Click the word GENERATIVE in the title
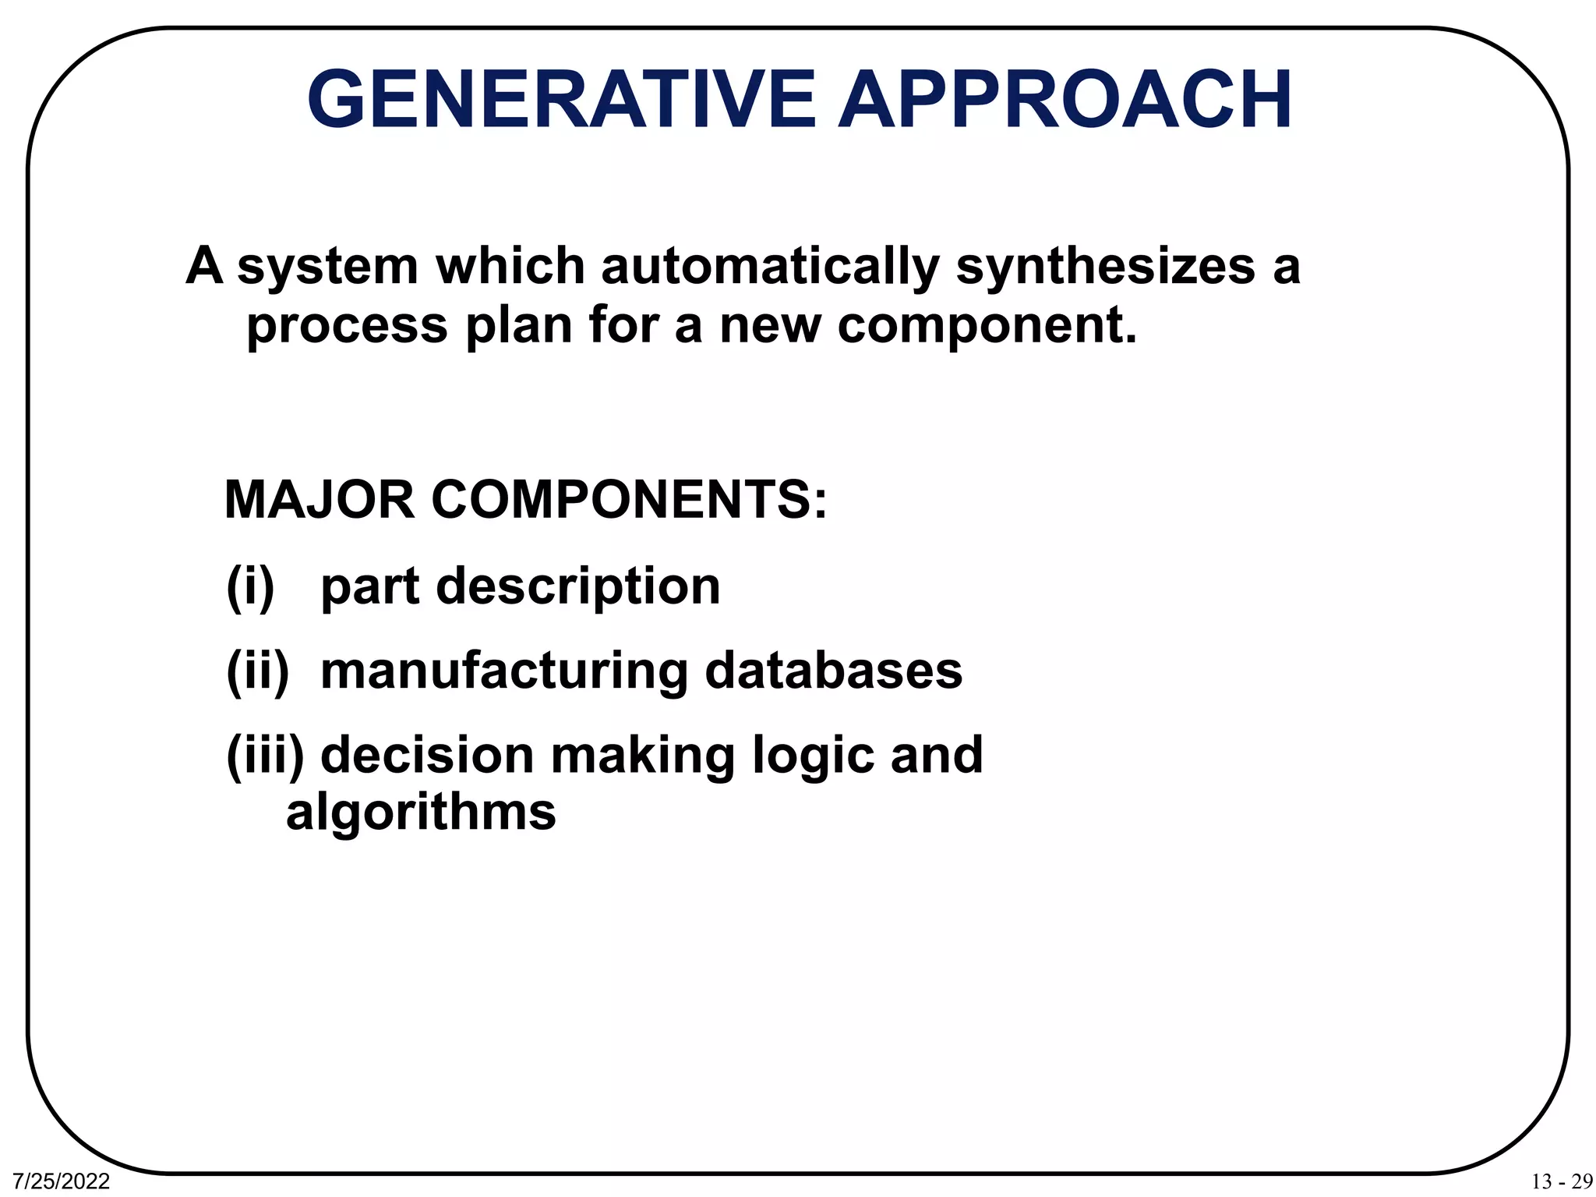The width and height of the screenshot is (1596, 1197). pyautogui.click(x=561, y=100)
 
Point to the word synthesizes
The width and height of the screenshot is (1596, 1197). pyautogui.click(x=1105, y=267)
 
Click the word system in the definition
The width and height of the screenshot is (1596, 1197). pyautogui.click(x=328, y=267)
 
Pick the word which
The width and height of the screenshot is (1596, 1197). pyautogui.click(x=510, y=267)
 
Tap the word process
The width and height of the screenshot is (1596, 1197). pyautogui.click(x=347, y=325)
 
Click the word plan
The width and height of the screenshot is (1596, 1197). pyautogui.click(x=519, y=325)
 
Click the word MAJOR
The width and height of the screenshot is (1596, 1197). pyautogui.click(x=319, y=500)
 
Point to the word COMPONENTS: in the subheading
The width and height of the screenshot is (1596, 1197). pyautogui.click(x=628, y=500)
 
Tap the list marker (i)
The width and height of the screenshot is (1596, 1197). pyautogui.click(x=250, y=586)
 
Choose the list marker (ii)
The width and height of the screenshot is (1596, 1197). pyautogui.click(x=257, y=671)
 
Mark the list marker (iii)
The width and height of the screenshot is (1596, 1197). pyautogui.click(x=265, y=756)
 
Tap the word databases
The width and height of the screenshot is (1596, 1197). pyautogui.click(x=834, y=671)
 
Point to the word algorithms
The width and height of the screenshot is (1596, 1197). pyautogui.click(x=421, y=813)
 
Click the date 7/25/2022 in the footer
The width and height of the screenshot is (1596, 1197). pyautogui.click(x=62, y=1181)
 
